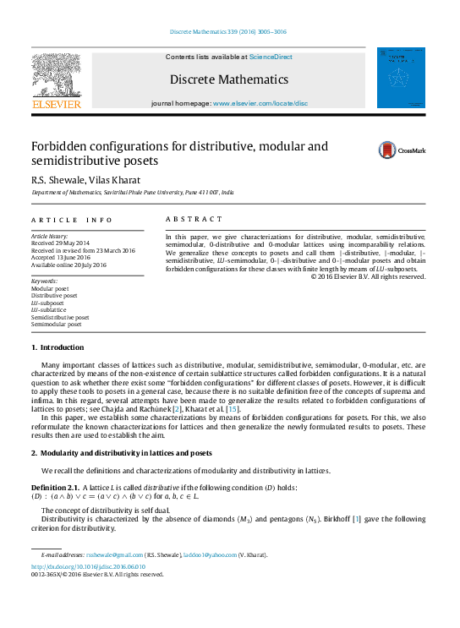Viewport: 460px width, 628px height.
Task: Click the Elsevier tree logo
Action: point(57,77)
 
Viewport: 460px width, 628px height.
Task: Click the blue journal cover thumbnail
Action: point(401,78)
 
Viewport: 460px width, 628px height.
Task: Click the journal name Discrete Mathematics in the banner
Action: point(229,79)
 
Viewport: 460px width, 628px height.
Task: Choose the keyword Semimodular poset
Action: point(57,324)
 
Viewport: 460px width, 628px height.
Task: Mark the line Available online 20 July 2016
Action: point(68,265)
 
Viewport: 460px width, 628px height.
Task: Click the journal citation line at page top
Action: point(230,32)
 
